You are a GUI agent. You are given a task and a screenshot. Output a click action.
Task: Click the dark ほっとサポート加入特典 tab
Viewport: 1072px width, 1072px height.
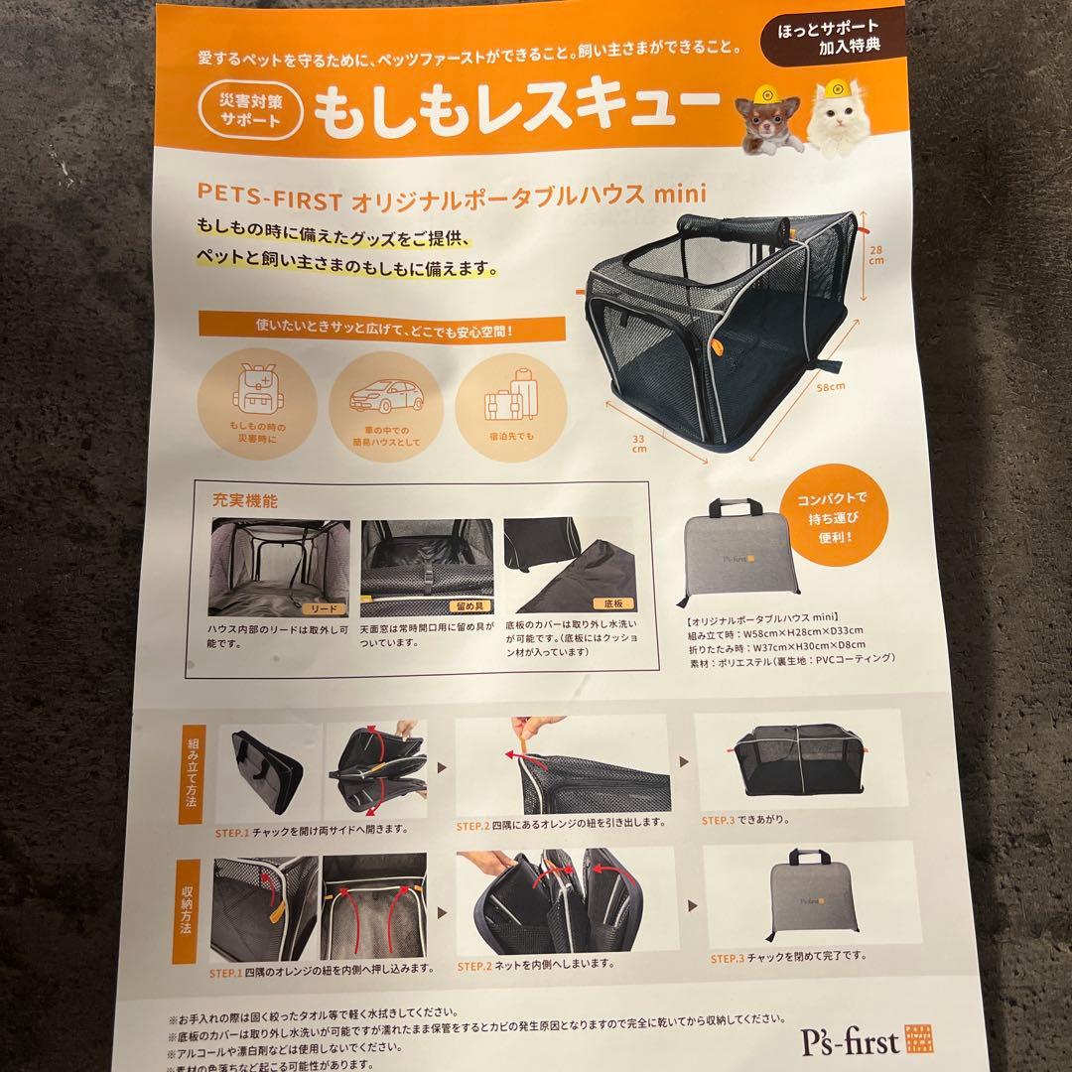pos(828,37)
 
